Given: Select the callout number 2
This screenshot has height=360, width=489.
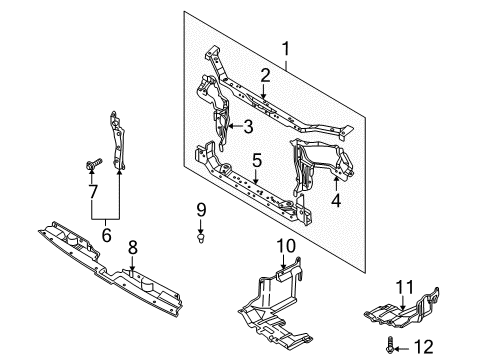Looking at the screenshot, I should click(x=266, y=74).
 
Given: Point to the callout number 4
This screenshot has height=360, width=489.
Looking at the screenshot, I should click(x=337, y=198).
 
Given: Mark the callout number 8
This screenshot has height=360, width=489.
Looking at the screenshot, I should click(x=133, y=246).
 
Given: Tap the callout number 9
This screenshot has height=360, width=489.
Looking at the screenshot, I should click(x=200, y=211).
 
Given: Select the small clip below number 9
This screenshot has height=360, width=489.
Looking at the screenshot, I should click(x=201, y=238).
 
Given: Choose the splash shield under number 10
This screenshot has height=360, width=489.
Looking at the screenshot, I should click(x=275, y=300).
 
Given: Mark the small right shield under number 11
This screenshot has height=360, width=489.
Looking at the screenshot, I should click(x=405, y=315).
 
